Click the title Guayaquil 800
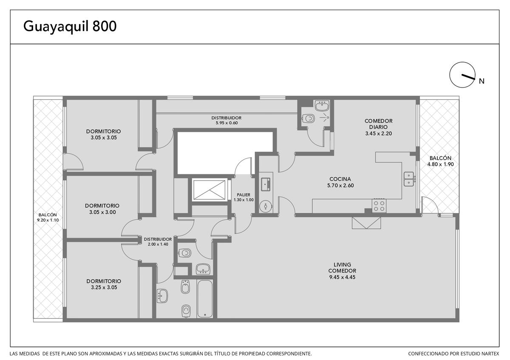click(x=70, y=26)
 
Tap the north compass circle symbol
click(x=462, y=75)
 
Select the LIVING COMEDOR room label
click(x=342, y=267)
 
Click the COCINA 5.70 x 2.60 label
click(x=340, y=182)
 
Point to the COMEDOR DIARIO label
click(x=378, y=124)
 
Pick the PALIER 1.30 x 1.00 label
click(x=244, y=197)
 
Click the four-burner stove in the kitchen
click(x=379, y=206)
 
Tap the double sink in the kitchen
click(x=409, y=179)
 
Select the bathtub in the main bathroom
click(x=205, y=298)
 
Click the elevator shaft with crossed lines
click(x=209, y=190)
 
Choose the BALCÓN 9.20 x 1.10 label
click(x=48, y=218)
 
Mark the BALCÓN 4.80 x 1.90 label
click(x=440, y=161)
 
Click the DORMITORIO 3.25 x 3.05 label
click(x=104, y=284)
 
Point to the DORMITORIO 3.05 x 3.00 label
click(x=102, y=209)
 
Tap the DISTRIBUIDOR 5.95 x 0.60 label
click(x=227, y=120)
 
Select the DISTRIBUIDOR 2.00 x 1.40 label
click(x=158, y=241)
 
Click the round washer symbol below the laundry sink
click(x=266, y=206)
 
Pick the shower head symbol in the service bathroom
click(x=325, y=117)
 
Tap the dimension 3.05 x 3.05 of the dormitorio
click(x=104, y=138)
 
